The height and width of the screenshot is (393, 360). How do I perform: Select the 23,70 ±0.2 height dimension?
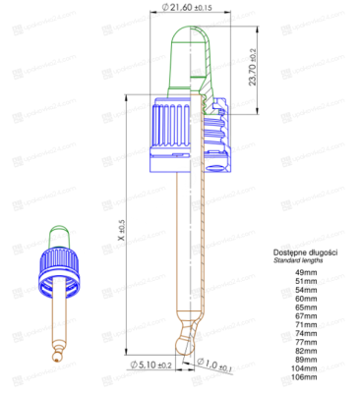[254, 63]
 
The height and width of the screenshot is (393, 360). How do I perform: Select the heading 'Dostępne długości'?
[306, 253]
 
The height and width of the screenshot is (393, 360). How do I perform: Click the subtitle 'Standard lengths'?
[301, 261]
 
